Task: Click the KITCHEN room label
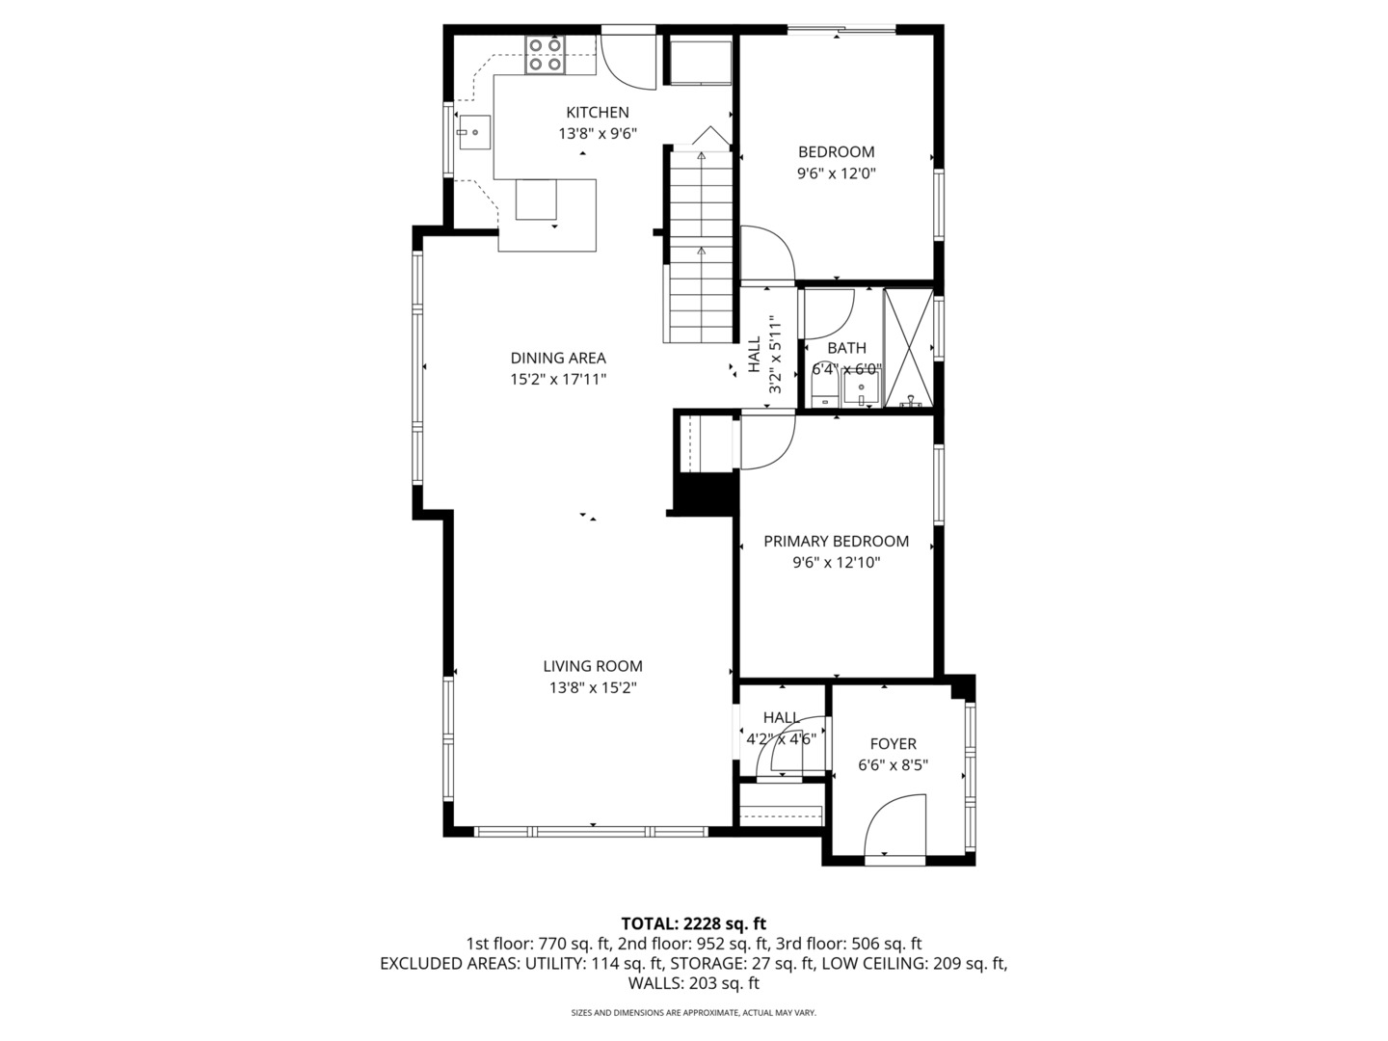[x=597, y=113]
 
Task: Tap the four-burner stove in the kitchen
[x=545, y=55]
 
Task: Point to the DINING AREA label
[x=558, y=359]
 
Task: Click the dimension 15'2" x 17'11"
[x=558, y=380]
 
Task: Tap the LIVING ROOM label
[x=592, y=666]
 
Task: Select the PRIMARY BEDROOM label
[x=836, y=542]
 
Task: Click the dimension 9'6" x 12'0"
[x=836, y=173]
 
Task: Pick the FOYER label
[x=893, y=744]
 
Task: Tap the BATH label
[x=846, y=348]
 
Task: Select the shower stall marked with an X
[x=908, y=347]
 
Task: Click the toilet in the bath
[x=822, y=391]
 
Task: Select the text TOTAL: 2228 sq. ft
[x=693, y=923]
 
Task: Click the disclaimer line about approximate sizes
[x=693, y=1013]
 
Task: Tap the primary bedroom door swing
[x=766, y=440]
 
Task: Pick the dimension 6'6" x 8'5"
[x=893, y=765]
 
